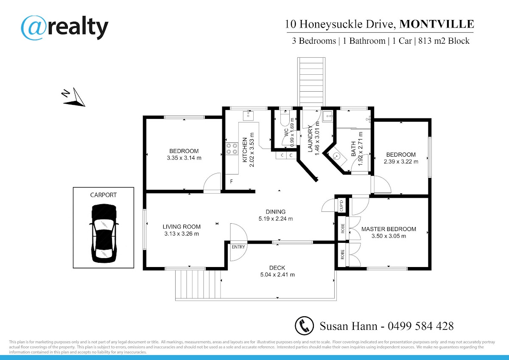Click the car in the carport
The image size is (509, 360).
104,233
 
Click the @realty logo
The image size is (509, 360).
64,28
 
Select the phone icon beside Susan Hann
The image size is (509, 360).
304,326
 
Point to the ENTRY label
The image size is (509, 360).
238,247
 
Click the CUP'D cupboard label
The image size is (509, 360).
341,206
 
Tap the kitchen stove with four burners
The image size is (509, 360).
232,149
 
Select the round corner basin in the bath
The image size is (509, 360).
336,156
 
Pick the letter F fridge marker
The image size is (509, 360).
231,181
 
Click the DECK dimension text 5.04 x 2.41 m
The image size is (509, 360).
277,275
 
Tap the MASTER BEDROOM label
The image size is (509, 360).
389,229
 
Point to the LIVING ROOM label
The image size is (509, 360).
182,227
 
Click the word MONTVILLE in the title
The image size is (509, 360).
436,24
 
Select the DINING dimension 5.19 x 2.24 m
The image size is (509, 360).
276,219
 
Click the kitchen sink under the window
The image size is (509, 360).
248,115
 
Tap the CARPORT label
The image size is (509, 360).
103,195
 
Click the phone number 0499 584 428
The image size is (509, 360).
421,326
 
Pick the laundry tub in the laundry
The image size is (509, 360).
328,117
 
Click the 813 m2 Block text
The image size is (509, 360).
444,41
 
